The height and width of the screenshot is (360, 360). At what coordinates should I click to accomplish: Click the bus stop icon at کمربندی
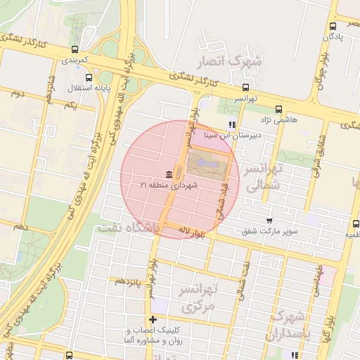pos(75,49)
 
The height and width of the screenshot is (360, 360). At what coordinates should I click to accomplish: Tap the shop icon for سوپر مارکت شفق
pos(269,220)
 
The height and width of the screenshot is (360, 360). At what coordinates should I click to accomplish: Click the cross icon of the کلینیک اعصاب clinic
pos(153,320)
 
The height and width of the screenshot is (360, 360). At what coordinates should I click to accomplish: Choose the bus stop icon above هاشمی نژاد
pos(279,109)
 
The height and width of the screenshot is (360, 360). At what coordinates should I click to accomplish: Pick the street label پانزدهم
pos(129,281)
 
